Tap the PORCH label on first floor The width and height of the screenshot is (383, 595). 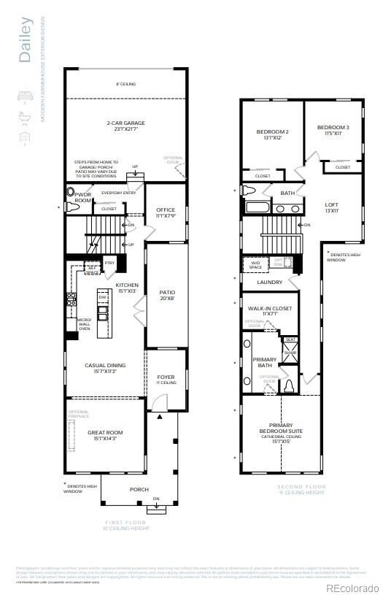[139, 490]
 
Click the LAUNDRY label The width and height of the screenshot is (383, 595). [270, 282]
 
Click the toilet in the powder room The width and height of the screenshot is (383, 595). [71, 194]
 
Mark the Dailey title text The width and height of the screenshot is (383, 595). [26, 40]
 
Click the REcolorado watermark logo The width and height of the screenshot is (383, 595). [352, 588]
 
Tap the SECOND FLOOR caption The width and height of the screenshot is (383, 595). [301, 487]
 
